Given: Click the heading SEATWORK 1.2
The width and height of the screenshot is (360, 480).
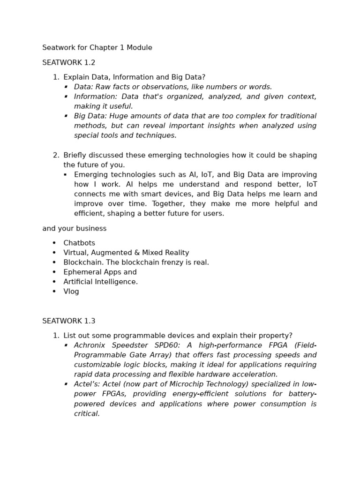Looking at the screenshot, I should pos(68,62).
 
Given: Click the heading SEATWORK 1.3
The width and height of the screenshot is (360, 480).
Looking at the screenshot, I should pos(68,321).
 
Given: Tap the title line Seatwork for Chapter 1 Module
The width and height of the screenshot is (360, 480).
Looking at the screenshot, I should pos(97,48).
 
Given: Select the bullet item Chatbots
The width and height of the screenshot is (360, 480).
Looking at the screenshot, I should pos(79,243).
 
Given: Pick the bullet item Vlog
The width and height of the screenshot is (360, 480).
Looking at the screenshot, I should pos(71,292).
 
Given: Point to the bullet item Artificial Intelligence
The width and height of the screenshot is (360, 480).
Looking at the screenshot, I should pos(100,282).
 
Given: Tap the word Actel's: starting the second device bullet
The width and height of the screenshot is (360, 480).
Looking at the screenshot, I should pos(86,384).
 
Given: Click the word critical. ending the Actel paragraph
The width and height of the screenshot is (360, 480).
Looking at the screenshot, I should pos(87,413).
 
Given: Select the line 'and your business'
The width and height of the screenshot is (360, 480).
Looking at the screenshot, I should pos(74,228).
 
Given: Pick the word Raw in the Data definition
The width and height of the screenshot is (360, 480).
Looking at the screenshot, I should pos(103,87).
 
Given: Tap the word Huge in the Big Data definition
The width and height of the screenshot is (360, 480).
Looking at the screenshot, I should pos(118,116).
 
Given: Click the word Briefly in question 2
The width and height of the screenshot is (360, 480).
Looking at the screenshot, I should pos(75,155).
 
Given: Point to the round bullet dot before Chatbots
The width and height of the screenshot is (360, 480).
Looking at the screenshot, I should pos(54,243).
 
